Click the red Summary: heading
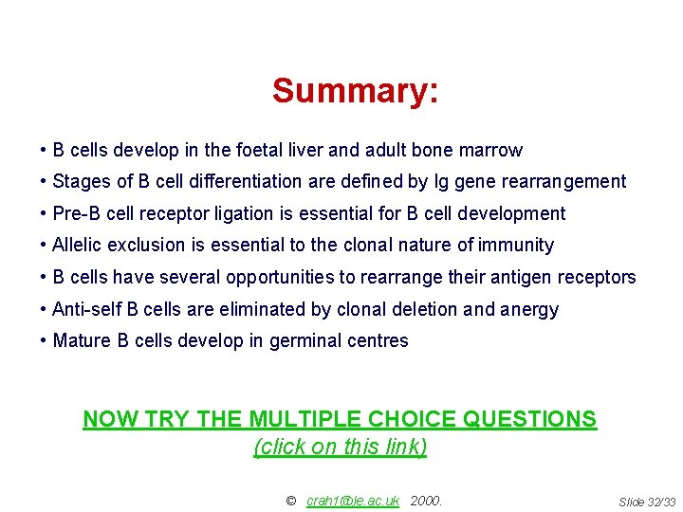[x=355, y=92]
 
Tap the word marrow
[x=490, y=150]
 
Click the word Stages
[x=79, y=181]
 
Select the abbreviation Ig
[x=412, y=181]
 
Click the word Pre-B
[x=77, y=213]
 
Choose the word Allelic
[x=78, y=245]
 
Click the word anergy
[x=531, y=309]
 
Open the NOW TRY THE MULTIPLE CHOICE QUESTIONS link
[x=340, y=419]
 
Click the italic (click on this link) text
[x=340, y=447]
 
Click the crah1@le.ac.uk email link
[x=352, y=501]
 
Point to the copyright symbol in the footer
[x=290, y=501]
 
